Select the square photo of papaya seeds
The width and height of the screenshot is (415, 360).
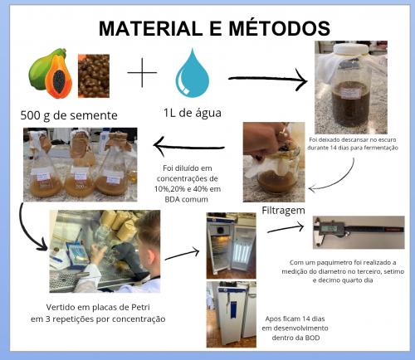point(95,74)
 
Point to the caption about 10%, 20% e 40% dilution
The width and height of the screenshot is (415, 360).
point(192,182)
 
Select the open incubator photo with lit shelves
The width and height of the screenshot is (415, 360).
point(231,246)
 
